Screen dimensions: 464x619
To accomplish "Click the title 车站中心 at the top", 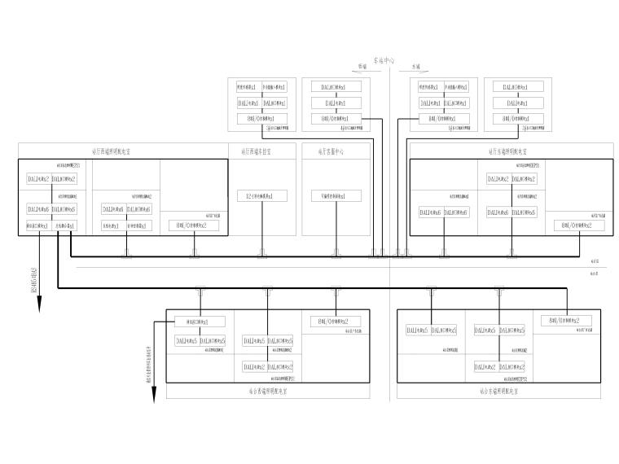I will (x=383, y=60).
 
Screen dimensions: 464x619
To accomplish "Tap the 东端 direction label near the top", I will (x=416, y=68).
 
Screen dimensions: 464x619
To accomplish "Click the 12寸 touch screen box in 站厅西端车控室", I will (x=261, y=196).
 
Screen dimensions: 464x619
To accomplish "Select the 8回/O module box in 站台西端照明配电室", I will (x=334, y=321).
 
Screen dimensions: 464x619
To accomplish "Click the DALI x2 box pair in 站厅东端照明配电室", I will (x=511, y=178).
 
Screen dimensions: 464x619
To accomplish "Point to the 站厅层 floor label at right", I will (x=595, y=261).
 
